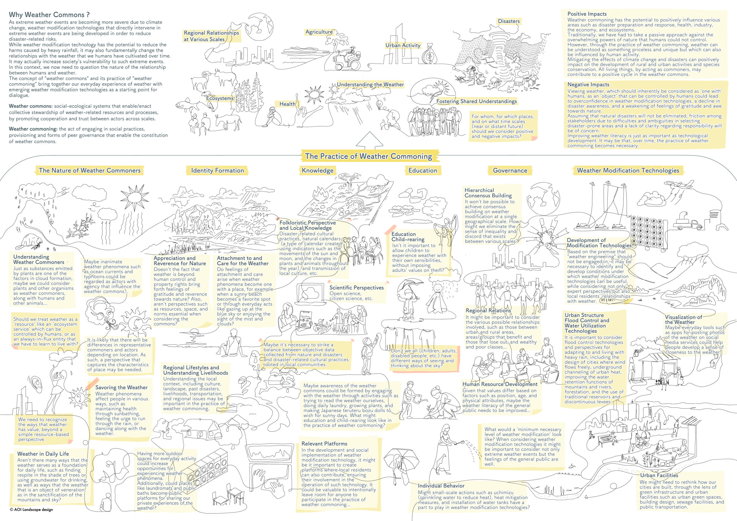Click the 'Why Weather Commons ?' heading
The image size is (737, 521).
pos(49,14)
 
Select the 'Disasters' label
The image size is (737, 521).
pos(508,21)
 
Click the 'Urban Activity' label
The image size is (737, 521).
pos(402,45)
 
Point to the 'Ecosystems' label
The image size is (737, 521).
pos(220,98)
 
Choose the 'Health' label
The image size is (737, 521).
pos(287,104)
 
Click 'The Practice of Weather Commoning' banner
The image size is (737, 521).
pos(368,156)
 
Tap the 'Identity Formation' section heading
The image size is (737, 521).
pos(217,170)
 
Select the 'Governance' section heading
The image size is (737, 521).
pos(510,170)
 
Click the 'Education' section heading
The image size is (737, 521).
pos(422,170)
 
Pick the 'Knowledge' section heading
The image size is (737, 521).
pos(318,170)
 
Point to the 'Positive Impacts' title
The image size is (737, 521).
pos(587,14)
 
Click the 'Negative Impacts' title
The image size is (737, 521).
pos(588,84)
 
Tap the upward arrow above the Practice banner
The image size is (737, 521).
pos(370,140)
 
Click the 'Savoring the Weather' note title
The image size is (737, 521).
pos(121,387)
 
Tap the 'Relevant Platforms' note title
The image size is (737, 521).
pos(324,444)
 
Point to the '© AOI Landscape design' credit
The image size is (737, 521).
pos(31,509)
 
